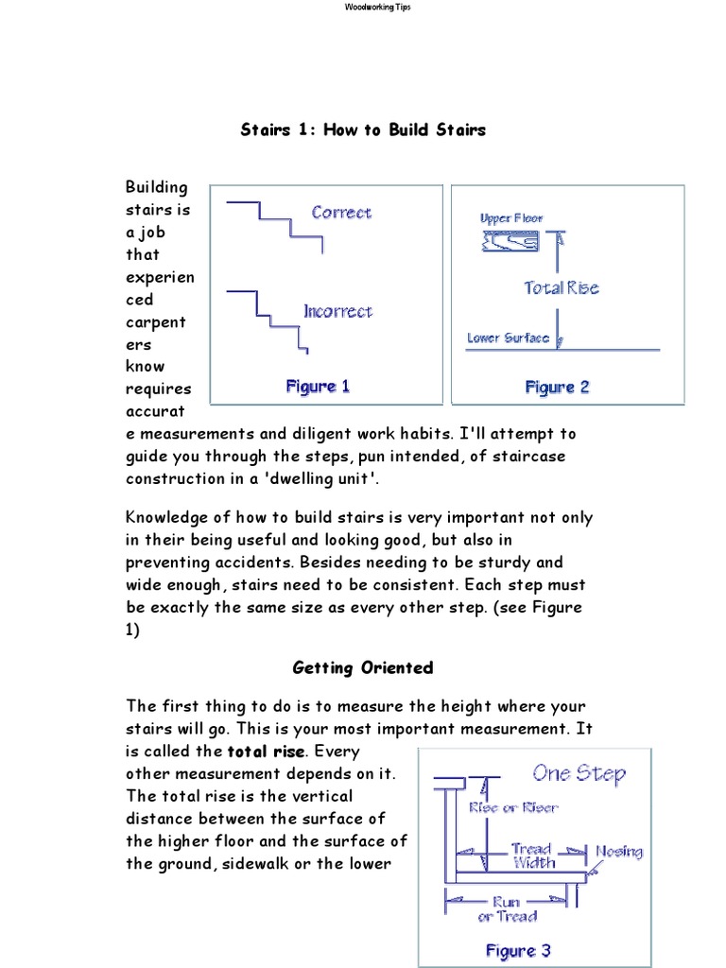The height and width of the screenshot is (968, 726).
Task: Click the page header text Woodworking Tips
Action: (x=363, y=7)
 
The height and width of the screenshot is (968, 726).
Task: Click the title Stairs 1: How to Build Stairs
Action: (x=363, y=130)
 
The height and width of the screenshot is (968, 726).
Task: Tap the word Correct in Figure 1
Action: (x=341, y=213)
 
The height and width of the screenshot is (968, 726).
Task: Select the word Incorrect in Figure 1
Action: (x=337, y=311)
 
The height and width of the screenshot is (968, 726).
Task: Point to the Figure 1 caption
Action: (x=318, y=386)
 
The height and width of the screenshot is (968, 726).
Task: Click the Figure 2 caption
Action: (x=557, y=387)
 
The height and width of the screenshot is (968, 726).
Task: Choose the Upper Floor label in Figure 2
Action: (x=511, y=218)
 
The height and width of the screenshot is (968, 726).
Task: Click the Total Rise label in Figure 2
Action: (x=562, y=287)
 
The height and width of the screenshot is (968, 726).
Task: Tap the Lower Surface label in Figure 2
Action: (x=508, y=337)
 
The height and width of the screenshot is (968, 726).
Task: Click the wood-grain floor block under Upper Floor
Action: (x=510, y=243)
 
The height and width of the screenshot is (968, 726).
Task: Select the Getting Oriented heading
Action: (x=363, y=667)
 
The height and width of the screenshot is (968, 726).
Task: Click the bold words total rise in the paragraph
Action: (x=266, y=752)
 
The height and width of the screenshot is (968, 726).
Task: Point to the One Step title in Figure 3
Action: (x=579, y=773)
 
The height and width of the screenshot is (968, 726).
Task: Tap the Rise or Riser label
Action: (x=513, y=807)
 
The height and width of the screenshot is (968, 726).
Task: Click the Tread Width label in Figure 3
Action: (x=534, y=856)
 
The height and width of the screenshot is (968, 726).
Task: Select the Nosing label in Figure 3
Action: (x=618, y=851)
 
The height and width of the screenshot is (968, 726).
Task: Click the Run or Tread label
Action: (x=507, y=909)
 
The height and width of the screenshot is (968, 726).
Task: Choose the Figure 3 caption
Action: (x=517, y=951)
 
